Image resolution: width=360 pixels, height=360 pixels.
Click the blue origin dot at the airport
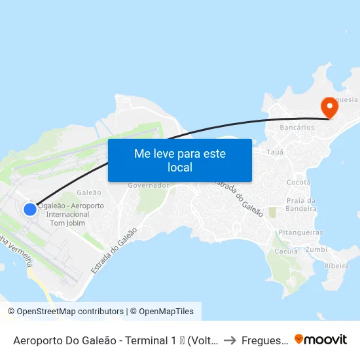coord(30,209)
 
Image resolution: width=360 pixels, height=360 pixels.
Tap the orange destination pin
coord(328,107)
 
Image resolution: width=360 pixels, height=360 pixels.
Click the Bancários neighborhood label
coord(297,128)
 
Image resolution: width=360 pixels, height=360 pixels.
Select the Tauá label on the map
coord(276,152)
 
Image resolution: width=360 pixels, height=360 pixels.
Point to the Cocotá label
coord(298,182)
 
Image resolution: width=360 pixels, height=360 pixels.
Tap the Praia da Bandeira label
coord(302,204)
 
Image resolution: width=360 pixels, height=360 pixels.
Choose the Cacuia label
coord(287,251)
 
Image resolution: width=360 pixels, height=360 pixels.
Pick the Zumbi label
coord(316,249)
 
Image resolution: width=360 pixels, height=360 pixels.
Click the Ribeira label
coord(336,266)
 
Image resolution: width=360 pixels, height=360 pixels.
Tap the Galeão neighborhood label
coord(89,192)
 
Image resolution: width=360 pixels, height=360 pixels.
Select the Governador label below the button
coord(149,185)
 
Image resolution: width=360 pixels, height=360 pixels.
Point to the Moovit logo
coord(321,339)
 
